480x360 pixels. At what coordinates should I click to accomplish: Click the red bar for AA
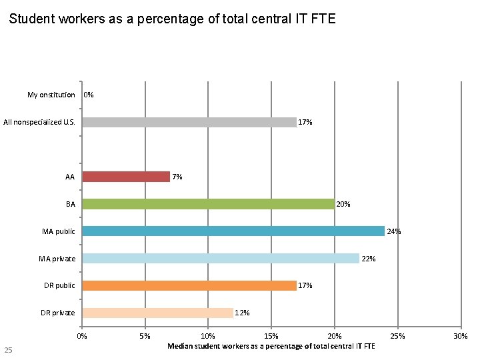coord(126,177)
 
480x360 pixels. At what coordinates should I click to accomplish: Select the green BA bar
coord(207,204)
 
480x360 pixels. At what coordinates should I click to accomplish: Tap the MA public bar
coord(233,231)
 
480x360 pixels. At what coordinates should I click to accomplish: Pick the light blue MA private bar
coord(220,259)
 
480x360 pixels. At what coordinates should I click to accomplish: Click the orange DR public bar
coord(189,285)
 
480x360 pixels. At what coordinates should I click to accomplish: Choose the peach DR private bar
coord(157,313)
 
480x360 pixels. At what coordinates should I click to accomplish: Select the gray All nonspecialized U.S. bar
coord(189,122)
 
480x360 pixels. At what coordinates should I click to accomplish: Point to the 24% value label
coord(393,231)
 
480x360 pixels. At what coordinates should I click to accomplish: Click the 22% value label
coord(368,259)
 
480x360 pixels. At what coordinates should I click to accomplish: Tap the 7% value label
coord(177,177)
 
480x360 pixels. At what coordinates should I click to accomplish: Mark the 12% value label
coord(242,313)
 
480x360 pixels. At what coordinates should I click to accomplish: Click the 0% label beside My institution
coord(89,95)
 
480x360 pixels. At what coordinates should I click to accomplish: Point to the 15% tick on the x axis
coord(271,337)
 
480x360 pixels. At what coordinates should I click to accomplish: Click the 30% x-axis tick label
coord(461,337)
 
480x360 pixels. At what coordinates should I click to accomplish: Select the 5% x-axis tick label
coord(145,337)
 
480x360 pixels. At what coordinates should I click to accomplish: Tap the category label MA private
coord(58,259)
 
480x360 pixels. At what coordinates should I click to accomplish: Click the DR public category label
coord(59,285)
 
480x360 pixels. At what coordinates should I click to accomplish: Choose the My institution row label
coord(51,95)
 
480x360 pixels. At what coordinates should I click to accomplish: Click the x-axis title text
coord(271,346)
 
